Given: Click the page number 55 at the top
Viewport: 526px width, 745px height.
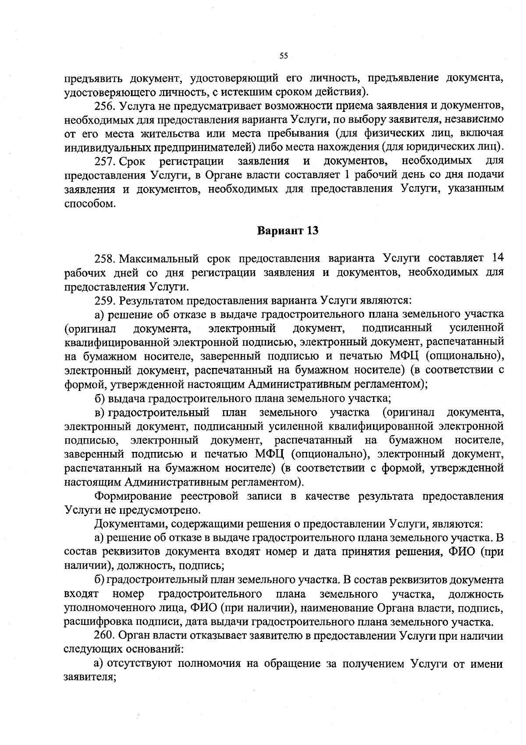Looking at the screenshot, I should point(283,56).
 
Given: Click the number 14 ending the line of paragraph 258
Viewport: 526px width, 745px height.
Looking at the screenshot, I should point(495,258).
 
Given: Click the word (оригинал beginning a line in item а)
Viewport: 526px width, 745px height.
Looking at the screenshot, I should point(90,328).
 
